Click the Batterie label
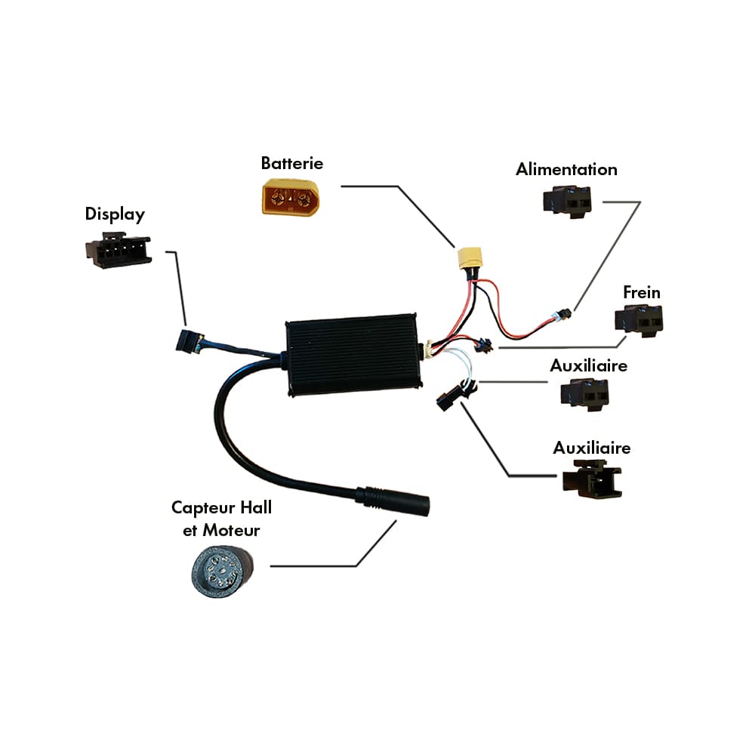click(x=292, y=163)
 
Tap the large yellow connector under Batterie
click(x=291, y=197)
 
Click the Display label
click(x=115, y=214)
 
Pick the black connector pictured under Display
click(x=119, y=251)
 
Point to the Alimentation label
click(x=566, y=169)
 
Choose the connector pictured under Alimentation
click(x=566, y=202)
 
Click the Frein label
click(x=642, y=292)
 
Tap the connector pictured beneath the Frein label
click(x=639, y=321)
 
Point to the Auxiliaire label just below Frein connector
click(x=589, y=366)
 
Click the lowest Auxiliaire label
click(x=592, y=448)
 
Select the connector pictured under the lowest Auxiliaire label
click(x=592, y=480)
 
